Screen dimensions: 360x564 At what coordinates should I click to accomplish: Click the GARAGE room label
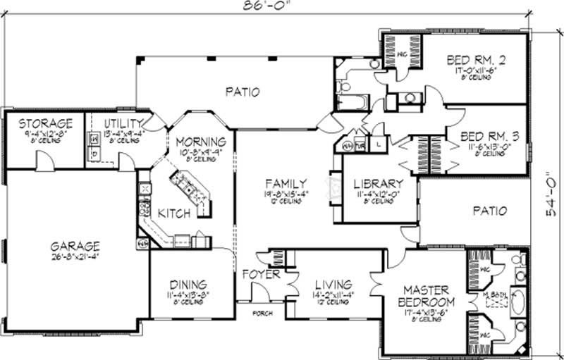coord(75,247)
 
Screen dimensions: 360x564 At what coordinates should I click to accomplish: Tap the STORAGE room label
coord(46,123)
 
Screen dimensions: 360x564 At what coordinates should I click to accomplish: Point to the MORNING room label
coord(200,141)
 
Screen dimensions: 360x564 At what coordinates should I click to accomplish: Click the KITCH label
coord(173,213)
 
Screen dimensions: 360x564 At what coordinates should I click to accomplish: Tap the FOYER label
coord(261,275)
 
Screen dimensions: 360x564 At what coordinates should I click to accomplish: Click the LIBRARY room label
coord(378,184)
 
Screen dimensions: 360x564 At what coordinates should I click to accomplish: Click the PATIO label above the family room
coord(243,92)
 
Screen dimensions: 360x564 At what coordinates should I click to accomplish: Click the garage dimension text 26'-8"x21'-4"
coord(75,257)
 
